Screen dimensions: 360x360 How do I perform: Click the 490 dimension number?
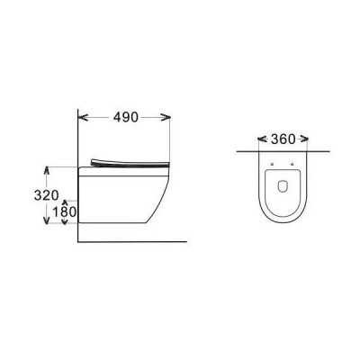click(126, 117)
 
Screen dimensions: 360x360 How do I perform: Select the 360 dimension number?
click(283, 139)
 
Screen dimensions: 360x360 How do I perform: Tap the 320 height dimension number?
click(46, 195)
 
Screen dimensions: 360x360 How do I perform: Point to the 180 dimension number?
click(65, 212)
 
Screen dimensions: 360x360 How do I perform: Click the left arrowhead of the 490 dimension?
click(83, 117)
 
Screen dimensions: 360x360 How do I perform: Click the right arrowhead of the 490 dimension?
click(166, 117)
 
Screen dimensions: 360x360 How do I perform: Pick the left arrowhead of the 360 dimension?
click(263, 139)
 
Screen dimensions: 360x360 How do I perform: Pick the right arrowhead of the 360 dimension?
click(304, 139)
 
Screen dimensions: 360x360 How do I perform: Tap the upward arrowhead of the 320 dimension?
click(46, 170)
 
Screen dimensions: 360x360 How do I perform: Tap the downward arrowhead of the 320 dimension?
click(46, 220)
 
